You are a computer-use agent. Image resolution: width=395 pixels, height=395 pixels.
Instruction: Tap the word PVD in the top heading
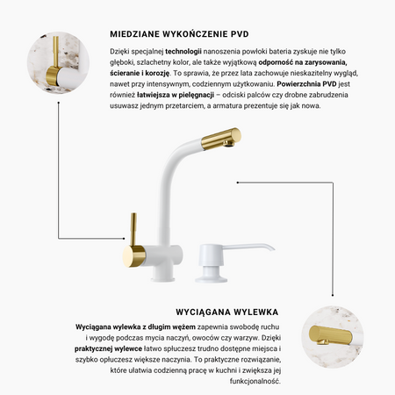click(x=240, y=34)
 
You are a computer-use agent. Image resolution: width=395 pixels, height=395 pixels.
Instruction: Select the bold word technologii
click(x=183, y=52)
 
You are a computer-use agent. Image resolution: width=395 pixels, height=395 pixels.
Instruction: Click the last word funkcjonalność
click(x=255, y=381)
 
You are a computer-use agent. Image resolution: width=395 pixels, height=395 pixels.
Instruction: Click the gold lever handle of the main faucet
click(x=133, y=229)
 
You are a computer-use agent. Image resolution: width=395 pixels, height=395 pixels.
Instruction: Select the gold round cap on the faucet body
click(x=134, y=256)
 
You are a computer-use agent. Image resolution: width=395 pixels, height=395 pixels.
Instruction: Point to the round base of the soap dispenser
click(x=212, y=278)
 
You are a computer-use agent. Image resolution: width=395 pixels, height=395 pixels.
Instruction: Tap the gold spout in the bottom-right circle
click(x=330, y=334)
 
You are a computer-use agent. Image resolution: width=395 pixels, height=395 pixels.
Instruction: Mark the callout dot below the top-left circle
click(x=59, y=103)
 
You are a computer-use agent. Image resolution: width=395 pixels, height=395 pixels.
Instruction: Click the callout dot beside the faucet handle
click(x=124, y=239)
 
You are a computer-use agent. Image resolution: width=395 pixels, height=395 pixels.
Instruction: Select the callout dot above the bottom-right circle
click(x=333, y=295)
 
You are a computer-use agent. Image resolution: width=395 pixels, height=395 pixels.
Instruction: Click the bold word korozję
click(x=157, y=74)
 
